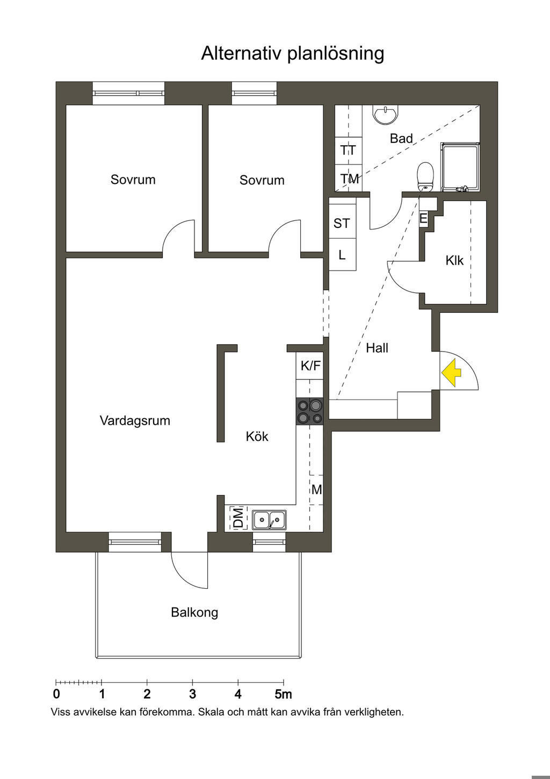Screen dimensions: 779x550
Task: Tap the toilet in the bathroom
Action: point(425,176)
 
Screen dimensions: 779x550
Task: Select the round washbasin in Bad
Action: point(385,114)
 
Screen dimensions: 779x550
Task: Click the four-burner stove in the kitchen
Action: point(309,411)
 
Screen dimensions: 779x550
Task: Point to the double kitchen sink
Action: point(269,520)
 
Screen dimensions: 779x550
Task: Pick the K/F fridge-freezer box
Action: point(310,366)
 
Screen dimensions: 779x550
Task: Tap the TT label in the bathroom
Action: point(348,151)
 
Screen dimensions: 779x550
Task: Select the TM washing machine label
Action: point(349,178)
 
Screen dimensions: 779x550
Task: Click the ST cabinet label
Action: point(342,223)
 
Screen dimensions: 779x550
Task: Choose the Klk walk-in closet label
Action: point(454,261)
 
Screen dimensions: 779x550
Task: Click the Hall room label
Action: point(377,348)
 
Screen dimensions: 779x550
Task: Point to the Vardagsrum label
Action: point(135,420)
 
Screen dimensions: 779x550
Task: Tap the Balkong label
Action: point(194,612)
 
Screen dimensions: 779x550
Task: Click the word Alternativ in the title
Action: point(241,53)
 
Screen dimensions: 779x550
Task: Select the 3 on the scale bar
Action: point(193,694)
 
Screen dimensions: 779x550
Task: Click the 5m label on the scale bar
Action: point(283,694)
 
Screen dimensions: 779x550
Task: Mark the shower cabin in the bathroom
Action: point(460,167)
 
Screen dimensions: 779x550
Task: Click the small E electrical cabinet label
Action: point(423,219)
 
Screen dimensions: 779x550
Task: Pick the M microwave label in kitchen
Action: point(317,490)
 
